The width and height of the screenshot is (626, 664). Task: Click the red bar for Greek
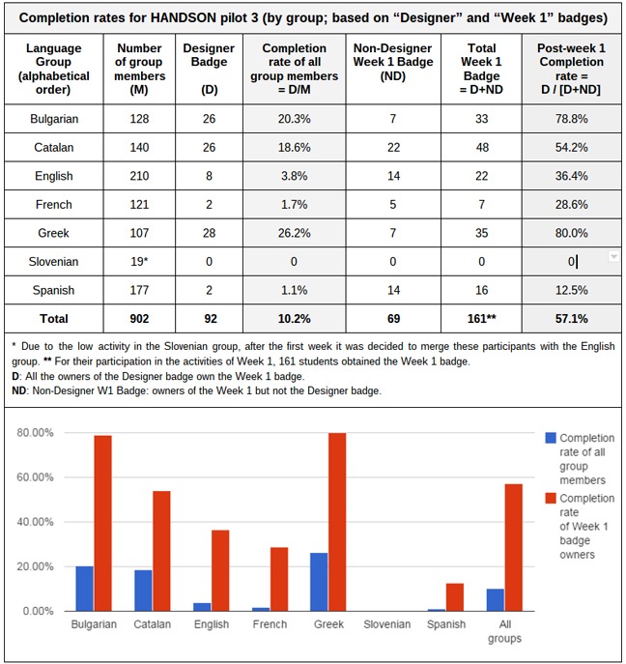point(337,522)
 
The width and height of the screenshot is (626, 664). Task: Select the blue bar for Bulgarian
point(85,589)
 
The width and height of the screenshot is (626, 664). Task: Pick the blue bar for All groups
point(497,600)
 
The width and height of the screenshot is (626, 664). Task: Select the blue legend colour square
point(550,438)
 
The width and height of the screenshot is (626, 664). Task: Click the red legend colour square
point(550,499)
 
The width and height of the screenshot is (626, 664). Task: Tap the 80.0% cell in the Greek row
point(572,233)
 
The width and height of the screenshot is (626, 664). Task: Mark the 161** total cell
point(480,317)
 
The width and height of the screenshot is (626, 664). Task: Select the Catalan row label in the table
point(53,149)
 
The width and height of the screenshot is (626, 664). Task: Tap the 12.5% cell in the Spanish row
point(572,289)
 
